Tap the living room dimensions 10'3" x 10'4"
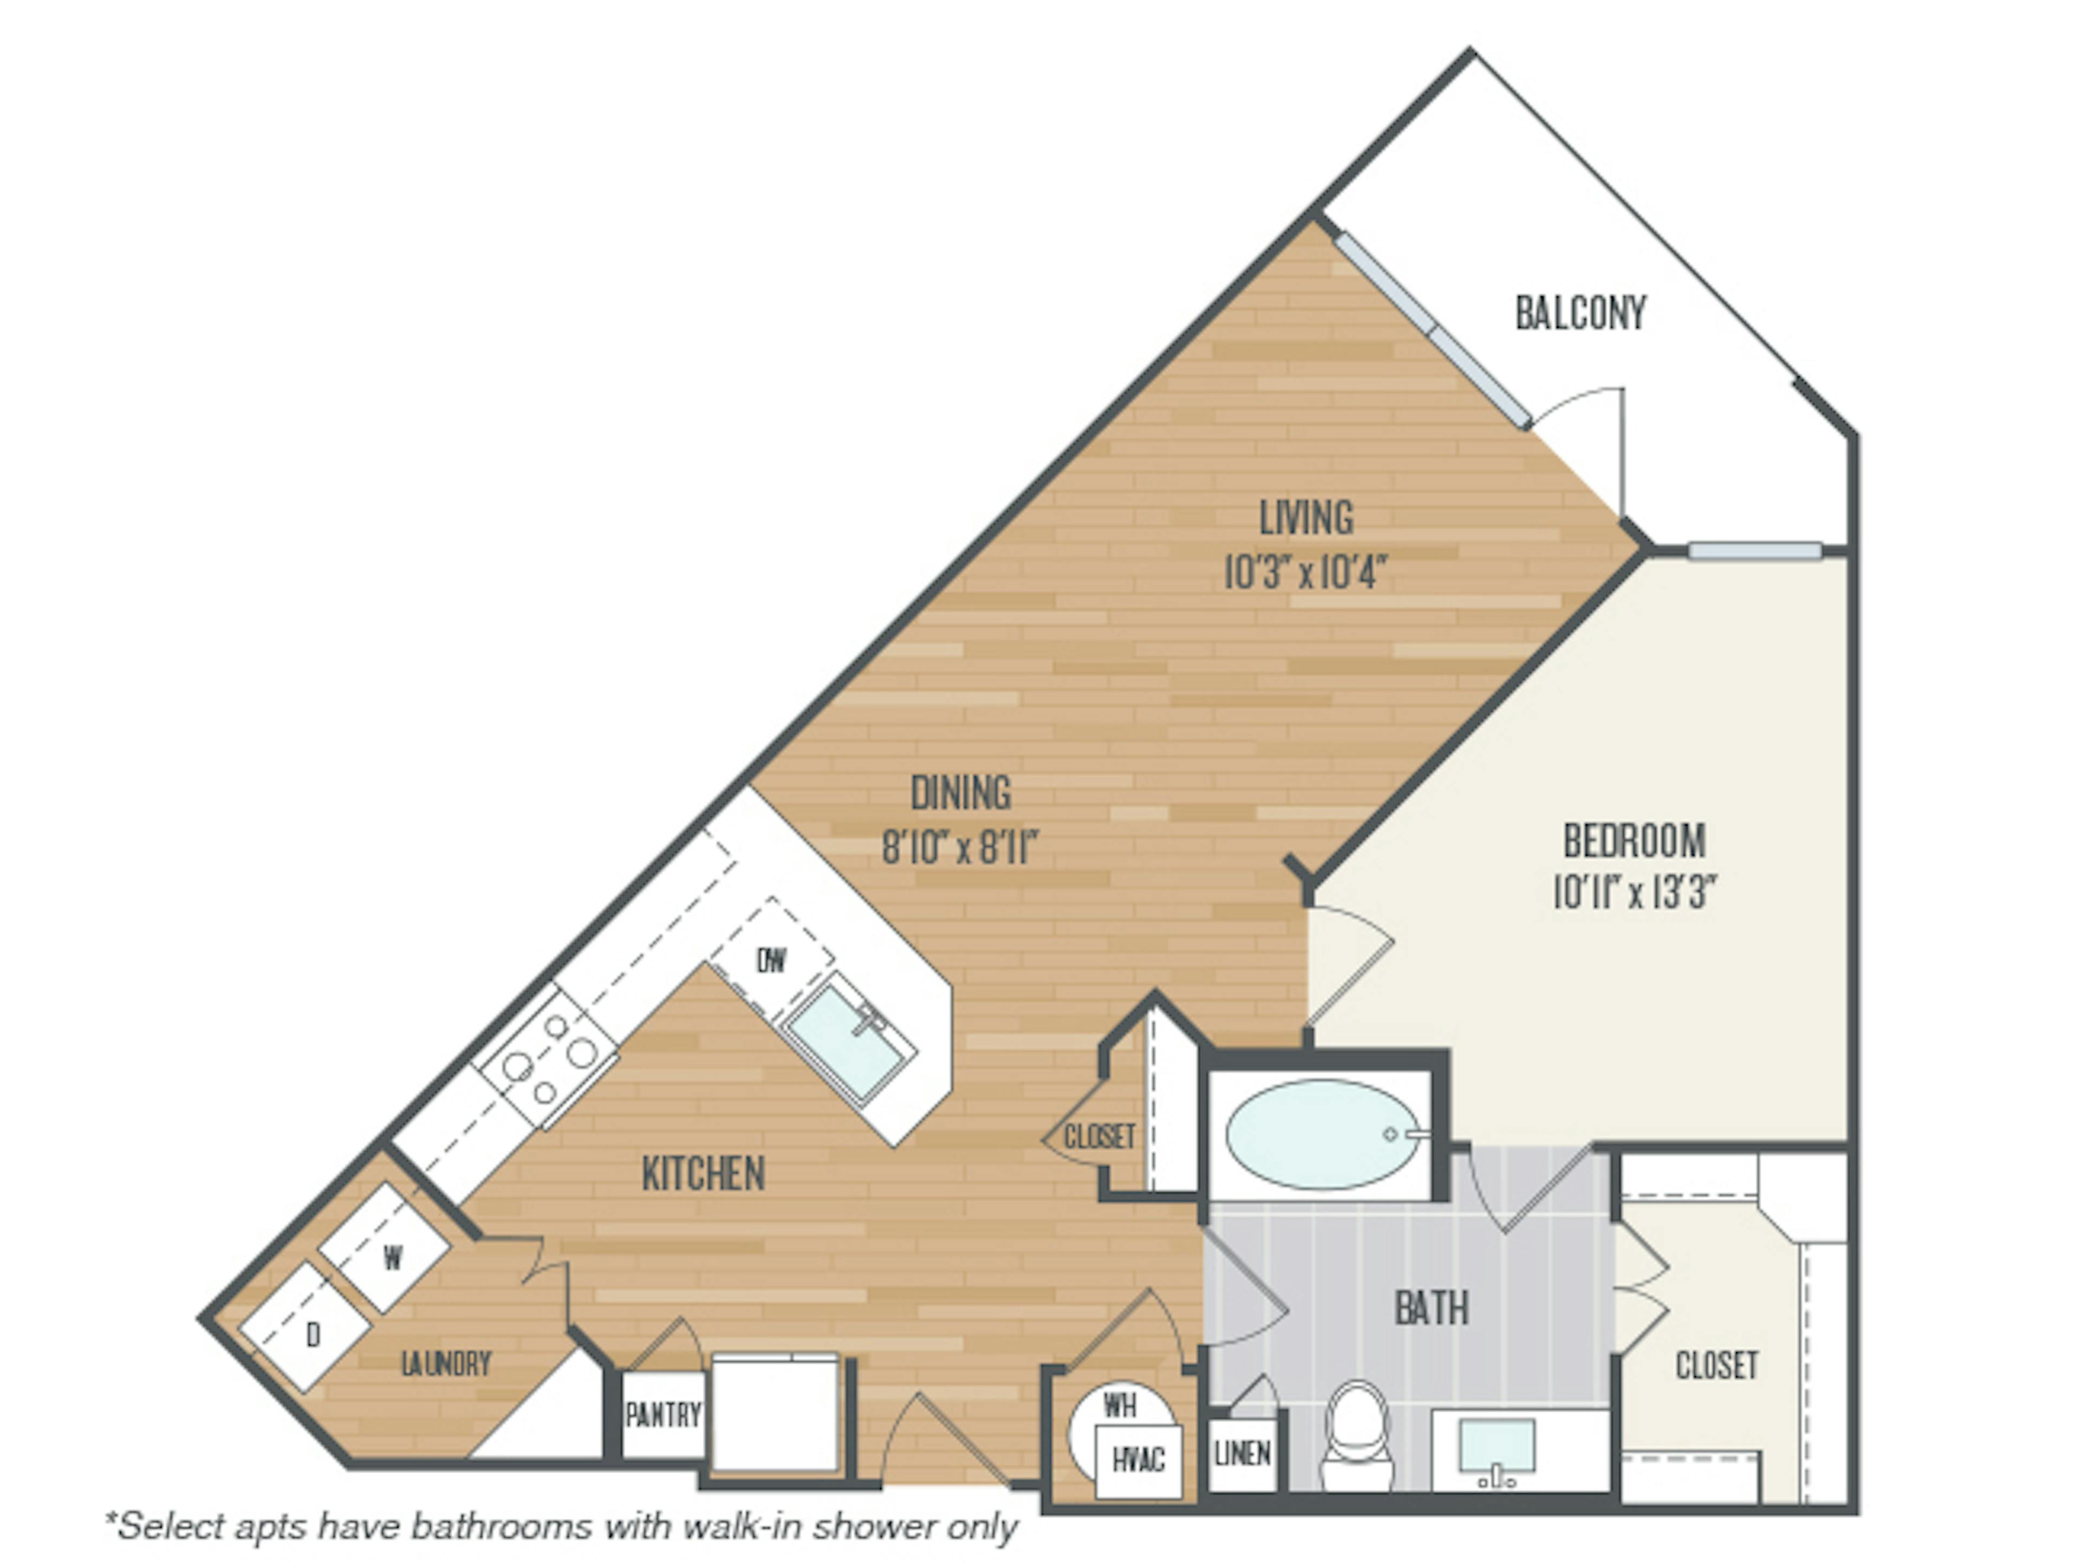tap(1305, 571)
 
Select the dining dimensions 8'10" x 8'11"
tap(960, 847)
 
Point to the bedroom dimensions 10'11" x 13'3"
tap(1634, 891)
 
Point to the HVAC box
tap(1139, 1459)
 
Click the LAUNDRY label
tap(446, 1363)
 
